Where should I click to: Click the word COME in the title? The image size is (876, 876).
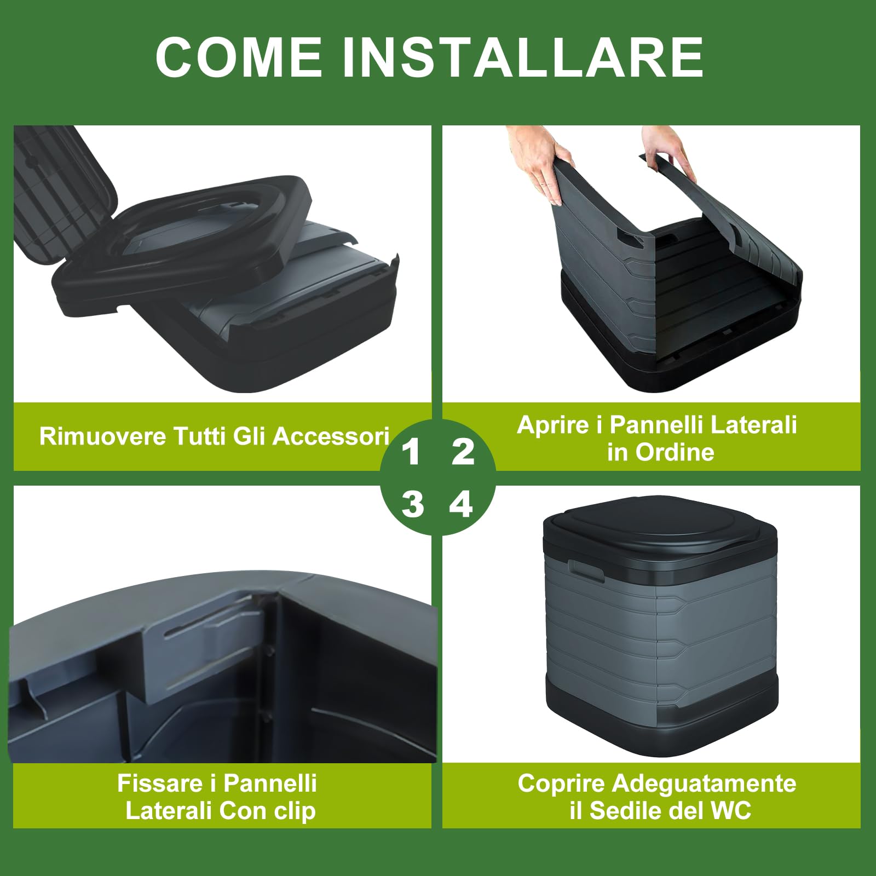[x=239, y=57]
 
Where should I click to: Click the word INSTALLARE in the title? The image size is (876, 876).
[x=523, y=57]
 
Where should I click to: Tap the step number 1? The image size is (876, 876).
[x=411, y=452]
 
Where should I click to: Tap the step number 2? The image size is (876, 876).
[x=463, y=452]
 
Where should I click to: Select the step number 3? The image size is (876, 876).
[x=412, y=504]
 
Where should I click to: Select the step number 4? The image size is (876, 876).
[x=461, y=504]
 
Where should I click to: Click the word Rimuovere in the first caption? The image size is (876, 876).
[x=103, y=436]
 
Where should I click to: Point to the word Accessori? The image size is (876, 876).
[x=331, y=436]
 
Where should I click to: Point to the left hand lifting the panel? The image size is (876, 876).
[x=537, y=159]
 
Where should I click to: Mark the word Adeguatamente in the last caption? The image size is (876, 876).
[x=704, y=783]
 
